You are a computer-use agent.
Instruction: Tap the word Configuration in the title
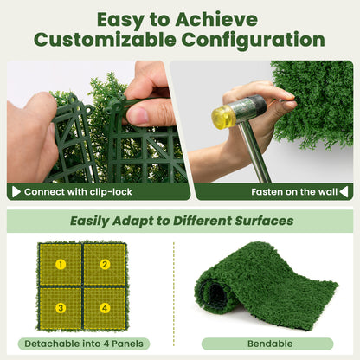[x=250, y=40]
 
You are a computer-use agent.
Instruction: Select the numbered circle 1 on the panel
[x=61, y=264]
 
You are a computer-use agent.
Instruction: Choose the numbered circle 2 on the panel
[x=105, y=264]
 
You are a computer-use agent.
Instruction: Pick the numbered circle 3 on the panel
[x=61, y=307]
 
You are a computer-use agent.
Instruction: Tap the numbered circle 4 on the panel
[x=105, y=307]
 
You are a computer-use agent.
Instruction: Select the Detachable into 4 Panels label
[x=82, y=344]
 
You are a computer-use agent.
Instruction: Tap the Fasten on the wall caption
[x=289, y=192]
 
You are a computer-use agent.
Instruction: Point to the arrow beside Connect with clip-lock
[x=15, y=192]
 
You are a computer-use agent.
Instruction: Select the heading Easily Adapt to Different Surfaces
[x=182, y=221]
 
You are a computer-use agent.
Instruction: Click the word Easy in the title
[x=128, y=18]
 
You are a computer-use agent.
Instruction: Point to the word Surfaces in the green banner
[x=262, y=221]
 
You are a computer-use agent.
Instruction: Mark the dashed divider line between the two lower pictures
[x=173, y=286]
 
